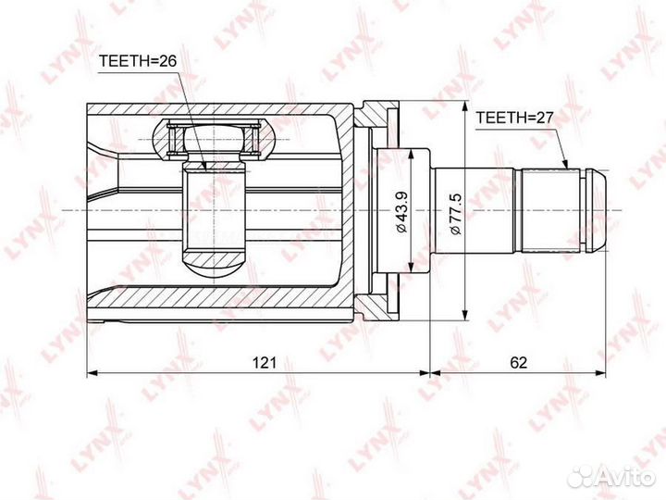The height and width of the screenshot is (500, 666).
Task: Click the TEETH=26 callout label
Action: (137, 62)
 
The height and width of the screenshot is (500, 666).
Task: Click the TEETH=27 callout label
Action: (514, 118)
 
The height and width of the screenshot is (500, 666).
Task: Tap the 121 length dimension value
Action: (265, 363)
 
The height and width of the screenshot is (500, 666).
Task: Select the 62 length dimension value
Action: (518, 363)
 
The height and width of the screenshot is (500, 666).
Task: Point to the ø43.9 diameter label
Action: (401, 211)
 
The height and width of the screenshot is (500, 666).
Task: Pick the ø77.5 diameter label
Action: (455, 213)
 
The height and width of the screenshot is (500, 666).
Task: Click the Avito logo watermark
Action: (611, 477)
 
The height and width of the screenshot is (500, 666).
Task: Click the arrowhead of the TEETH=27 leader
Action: (565, 164)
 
